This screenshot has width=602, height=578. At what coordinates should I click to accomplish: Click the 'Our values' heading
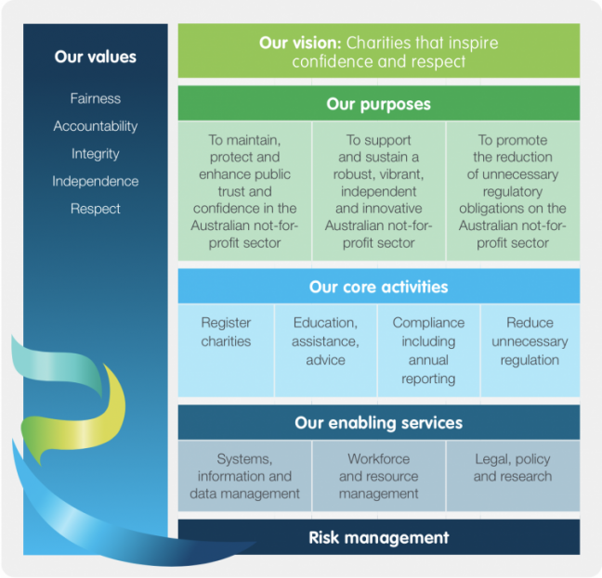point(95,57)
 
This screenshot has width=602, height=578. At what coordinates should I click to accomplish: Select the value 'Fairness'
point(95,98)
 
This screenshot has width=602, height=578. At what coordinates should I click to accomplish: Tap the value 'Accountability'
point(95,126)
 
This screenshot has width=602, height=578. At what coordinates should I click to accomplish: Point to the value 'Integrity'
point(95,154)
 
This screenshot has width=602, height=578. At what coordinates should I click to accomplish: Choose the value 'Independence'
point(95,182)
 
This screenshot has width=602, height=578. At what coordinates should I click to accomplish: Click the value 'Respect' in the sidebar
point(95,210)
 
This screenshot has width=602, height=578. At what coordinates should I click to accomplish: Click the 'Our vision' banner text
point(379,53)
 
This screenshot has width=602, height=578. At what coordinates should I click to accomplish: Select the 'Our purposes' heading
point(379,104)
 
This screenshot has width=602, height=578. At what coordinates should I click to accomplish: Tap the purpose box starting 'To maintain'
point(244,191)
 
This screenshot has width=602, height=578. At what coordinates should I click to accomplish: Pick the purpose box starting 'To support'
point(379,191)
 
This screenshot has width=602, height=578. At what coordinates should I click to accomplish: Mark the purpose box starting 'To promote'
point(513,191)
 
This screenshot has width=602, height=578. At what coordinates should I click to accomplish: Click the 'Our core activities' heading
point(379,287)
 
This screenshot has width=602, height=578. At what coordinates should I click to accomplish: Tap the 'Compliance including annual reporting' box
point(428,350)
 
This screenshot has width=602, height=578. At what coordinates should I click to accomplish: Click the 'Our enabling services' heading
point(379,423)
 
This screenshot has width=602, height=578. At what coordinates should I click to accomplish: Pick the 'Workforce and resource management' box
point(379,476)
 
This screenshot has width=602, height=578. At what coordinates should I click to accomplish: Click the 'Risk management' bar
point(379,537)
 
